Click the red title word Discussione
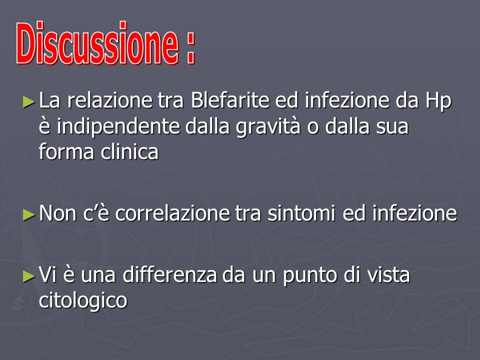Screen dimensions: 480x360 point(97,43)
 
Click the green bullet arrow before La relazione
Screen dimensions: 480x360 point(29,101)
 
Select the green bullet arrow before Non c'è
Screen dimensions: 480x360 point(29,215)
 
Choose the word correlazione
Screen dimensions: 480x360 point(172,213)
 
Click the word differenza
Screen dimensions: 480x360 point(170,274)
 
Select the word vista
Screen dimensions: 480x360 point(388,274)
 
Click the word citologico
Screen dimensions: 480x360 point(83,301)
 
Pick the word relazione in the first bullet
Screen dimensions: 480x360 point(109,100)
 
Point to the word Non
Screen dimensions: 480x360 point(57,213)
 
